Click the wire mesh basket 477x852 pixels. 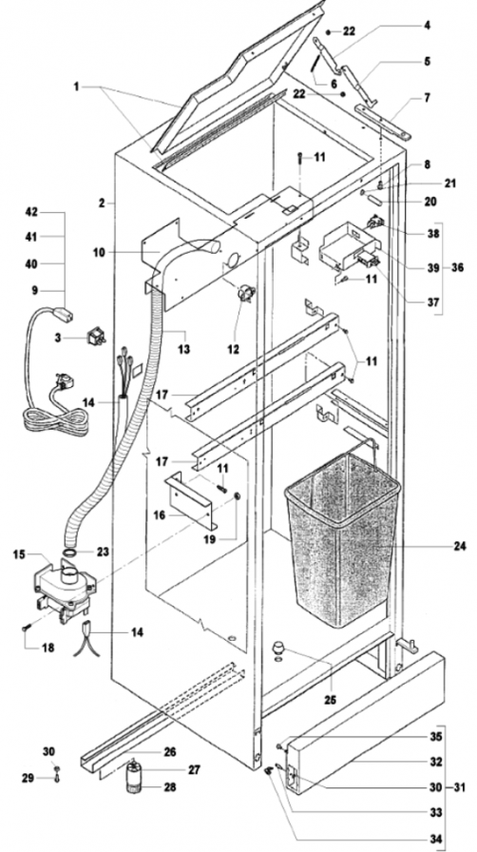(342, 538)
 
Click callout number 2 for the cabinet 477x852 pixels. (102, 203)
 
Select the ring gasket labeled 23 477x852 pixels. (70, 552)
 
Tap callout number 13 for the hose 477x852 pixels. (184, 349)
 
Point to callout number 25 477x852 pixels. (329, 701)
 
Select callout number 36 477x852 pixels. (457, 267)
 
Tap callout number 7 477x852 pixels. (428, 98)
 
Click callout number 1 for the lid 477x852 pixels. (77, 87)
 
